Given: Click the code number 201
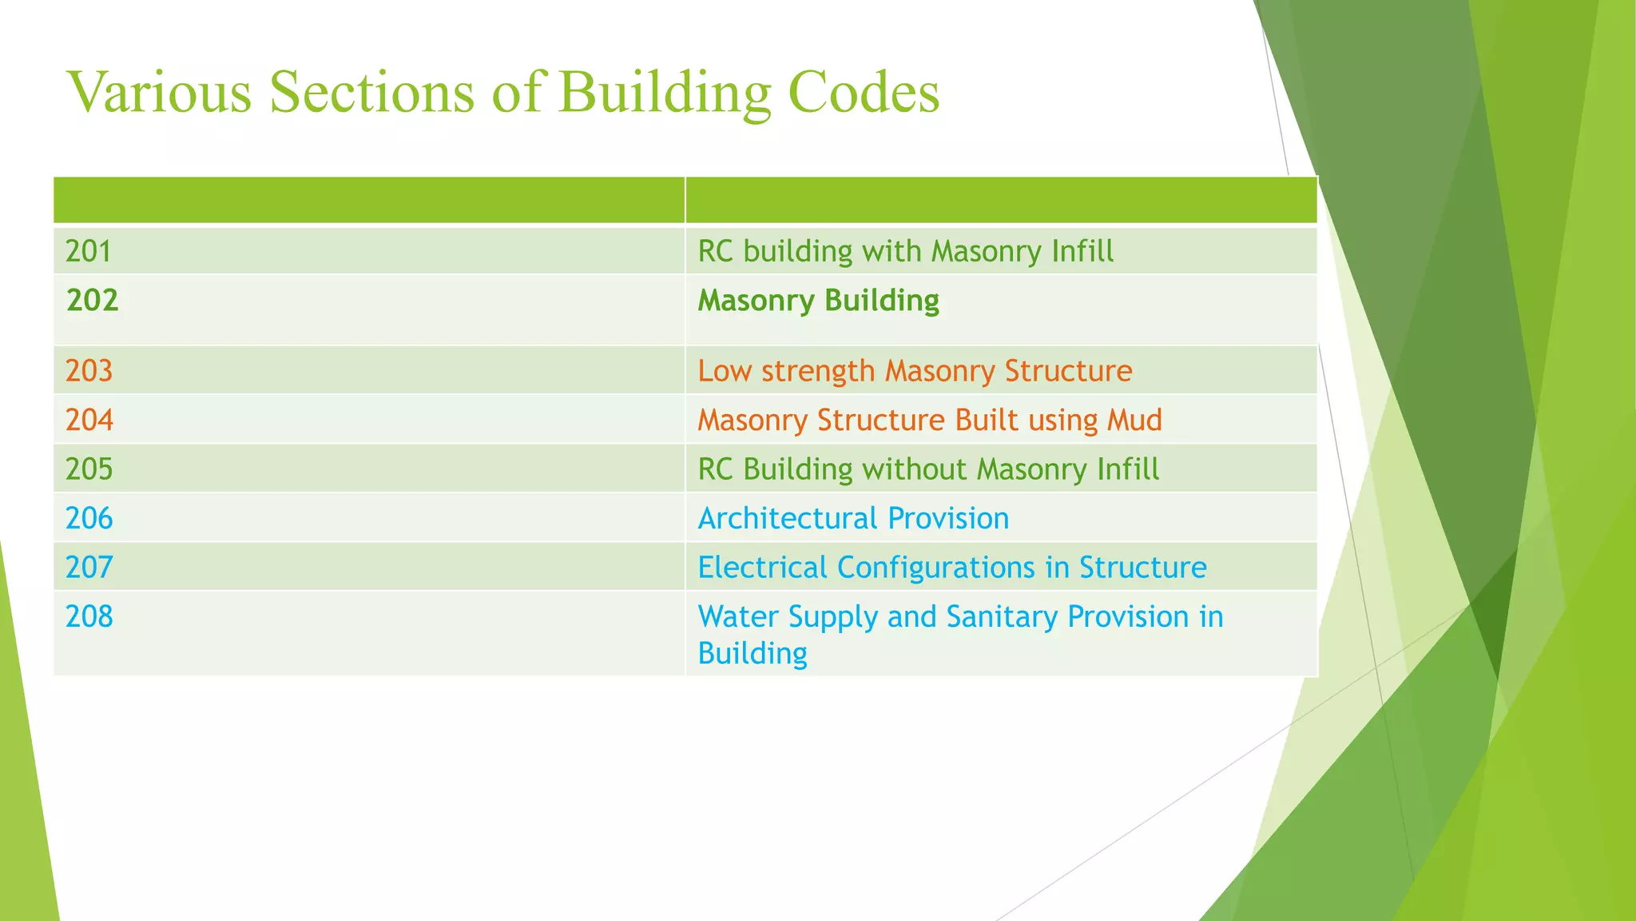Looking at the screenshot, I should pyautogui.click(x=89, y=252).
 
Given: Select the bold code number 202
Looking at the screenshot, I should pyautogui.click(x=93, y=301).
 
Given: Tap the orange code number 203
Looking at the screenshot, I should pyautogui.click(x=89, y=371).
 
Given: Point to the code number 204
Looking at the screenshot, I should pyautogui.click(x=89, y=420).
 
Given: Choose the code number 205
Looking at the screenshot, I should pyautogui.click(x=89, y=469).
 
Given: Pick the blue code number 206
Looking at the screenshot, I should pyautogui.click(x=89, y=519).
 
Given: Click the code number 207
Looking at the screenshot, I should pyautogui.click(x=89, y=568).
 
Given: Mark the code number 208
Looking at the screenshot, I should pyautogui.click(x=89, y=616).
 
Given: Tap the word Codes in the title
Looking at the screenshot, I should pyautogui.click(x=864, y=92).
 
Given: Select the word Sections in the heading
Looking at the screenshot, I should pyautogui.click(x=372, y=92).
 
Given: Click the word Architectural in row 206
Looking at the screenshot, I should pyautogui.click(x=787, y=519).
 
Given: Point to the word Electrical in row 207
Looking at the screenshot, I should pyautogui.click(x=762, y=568).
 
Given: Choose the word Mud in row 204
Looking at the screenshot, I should pyautogui.click(x=1134, y=420).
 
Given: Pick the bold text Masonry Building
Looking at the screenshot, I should pyautogui.click(x=818, y=301).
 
